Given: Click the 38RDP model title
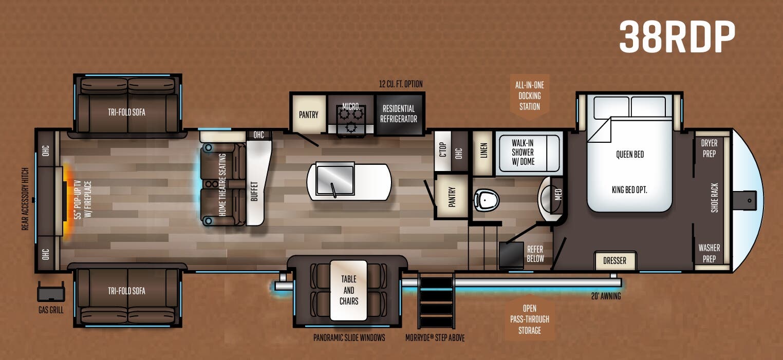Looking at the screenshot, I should pos(677,37).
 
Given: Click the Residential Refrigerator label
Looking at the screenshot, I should pos(398,113).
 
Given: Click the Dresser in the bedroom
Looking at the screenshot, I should pos(614,260).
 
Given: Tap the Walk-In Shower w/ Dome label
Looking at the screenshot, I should pos(523,152).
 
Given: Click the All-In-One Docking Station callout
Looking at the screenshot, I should pos(529,96).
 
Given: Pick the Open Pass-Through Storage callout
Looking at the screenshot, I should pos(529,319).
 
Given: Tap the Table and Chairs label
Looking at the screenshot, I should pos(348,290).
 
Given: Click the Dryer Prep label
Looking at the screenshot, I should pos(709,147).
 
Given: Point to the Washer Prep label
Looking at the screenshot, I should pos(709,253).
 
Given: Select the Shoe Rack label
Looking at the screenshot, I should pos(714,198).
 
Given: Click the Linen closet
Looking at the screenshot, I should pos(482,152).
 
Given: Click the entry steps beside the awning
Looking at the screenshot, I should pos(436,300).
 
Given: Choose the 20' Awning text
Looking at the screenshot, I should pos(606,296).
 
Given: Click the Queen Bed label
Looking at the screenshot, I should pos(629,154).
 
